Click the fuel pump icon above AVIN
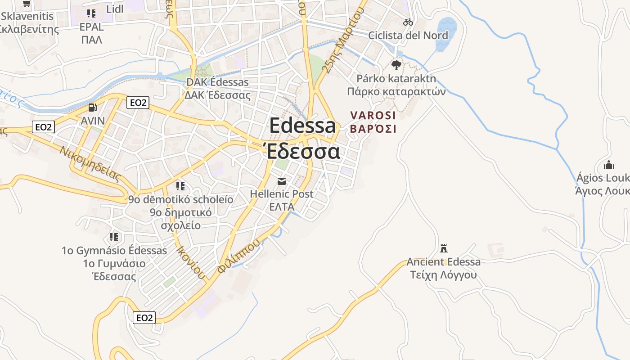click(92, 108)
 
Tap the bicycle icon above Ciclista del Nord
click(408, 22)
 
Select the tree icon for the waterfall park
click(396, 65)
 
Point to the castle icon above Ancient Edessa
click(444, 248)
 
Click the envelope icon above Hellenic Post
click(282, 181)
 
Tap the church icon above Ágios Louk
click(609, 164)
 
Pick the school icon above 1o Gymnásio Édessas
click(114, 237)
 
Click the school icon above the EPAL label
click(92, 13)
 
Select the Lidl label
click(115, 9)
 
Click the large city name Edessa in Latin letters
click(302, 126)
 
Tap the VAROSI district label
click(373, 116)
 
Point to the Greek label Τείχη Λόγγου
click(444, 274)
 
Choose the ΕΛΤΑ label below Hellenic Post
click(282, 207)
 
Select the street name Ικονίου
click(191, 262)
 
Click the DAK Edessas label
click(217, 83)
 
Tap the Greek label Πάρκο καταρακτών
click(396, 92)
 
